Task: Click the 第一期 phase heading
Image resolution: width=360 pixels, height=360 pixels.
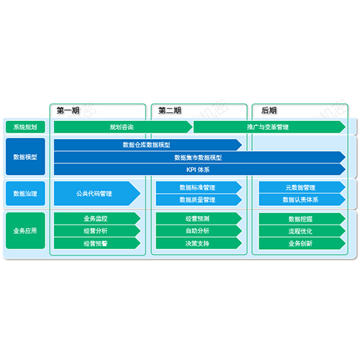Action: point(68,110)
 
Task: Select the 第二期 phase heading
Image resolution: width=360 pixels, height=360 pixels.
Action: point(170,110)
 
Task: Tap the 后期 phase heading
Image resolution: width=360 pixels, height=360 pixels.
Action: point(269,110)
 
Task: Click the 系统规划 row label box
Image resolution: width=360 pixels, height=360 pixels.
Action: point(25,127)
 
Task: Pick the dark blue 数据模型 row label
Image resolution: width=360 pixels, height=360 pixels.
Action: point(25,157)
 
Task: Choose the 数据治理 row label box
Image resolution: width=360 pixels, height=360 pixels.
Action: point(25,194)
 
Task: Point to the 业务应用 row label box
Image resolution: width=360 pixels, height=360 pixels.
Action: point(25,230)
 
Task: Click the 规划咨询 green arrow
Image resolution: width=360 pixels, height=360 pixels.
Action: point(123,127)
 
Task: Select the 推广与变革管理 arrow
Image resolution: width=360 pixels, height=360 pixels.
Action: point(269,127)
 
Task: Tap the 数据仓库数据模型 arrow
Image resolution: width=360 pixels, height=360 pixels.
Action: point(148,145)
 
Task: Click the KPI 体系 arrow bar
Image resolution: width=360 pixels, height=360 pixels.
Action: point(199,170)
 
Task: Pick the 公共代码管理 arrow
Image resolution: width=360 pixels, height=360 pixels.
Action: point(97,194)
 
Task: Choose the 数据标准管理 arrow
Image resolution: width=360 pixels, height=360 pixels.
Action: point(199,187)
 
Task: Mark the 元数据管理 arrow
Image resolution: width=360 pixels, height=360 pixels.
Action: point(302,187)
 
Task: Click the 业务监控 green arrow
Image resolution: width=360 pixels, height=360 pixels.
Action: point(97,218)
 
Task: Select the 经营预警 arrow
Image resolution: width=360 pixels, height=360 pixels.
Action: point(97,243)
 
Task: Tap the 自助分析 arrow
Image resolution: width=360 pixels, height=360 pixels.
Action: point(199,231)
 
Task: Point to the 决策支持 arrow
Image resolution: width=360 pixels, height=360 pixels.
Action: point(199,243)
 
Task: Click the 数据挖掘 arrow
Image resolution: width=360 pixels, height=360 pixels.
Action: point(302,219)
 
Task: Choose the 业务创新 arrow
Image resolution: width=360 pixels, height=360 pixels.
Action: point(302,243)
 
